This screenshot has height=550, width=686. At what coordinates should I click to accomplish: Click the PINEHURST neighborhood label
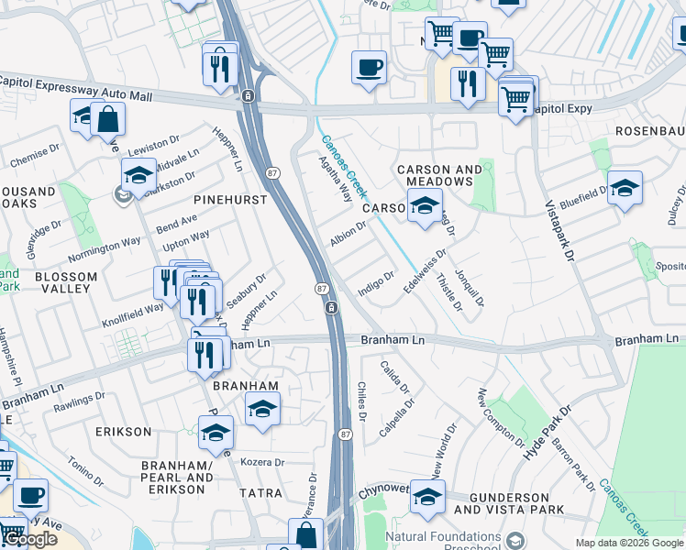(x=230, y=199)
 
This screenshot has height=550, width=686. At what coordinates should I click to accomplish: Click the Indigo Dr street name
(x=376, y=281)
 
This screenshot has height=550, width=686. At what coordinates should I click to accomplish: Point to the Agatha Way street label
(x=335, y=178)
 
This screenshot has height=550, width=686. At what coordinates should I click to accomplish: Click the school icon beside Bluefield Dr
(x=624, y=186)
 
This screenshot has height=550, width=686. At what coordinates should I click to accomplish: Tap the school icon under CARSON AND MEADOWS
(x=424, y=208)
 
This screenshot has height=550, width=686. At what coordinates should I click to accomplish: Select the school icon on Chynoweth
(x=427, y=495)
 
